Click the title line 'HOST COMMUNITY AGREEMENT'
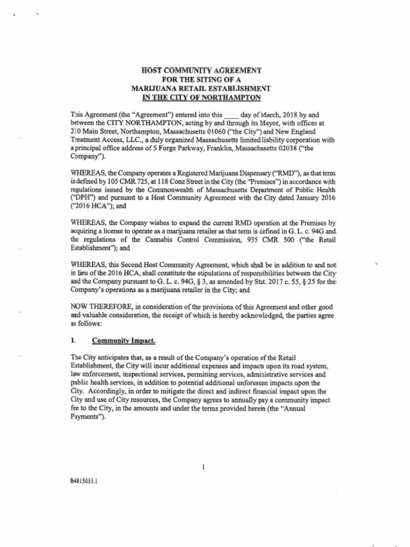coord(201,70)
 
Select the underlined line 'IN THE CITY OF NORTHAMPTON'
coord(201,97)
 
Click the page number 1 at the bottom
coord(204,467)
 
